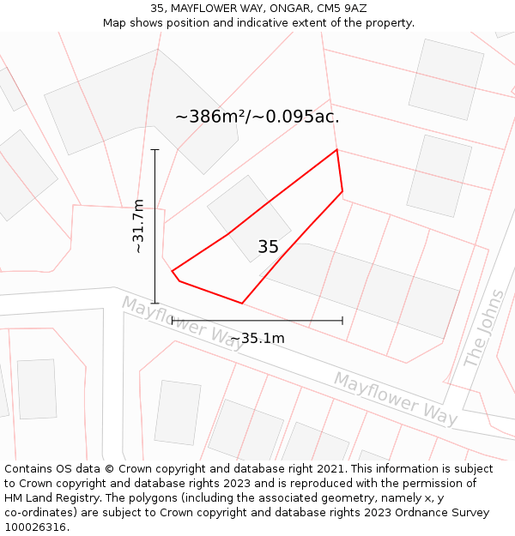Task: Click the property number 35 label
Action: [268, 247]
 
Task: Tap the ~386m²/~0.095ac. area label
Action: [257, 117]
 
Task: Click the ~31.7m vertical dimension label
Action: [137, 226]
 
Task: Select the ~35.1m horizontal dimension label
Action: [257, 338]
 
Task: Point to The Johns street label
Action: [485, 329]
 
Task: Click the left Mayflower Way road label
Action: [182, 320]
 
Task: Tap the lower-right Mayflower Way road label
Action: [395, 398]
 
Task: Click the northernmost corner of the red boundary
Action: [336, 150]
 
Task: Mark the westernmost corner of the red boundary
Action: [173, 271]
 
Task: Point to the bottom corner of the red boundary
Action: [242, 303]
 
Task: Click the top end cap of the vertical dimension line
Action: [155, 150]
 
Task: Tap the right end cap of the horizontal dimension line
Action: [342, 320]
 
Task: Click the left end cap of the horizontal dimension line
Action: [173, 320]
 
